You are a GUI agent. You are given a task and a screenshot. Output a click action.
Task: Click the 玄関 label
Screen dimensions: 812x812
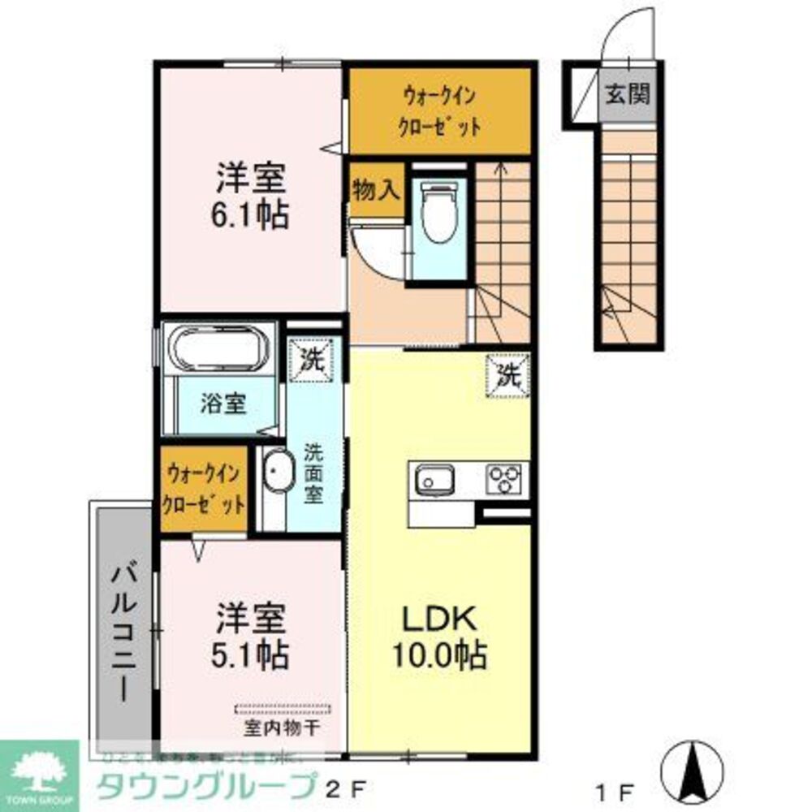626,95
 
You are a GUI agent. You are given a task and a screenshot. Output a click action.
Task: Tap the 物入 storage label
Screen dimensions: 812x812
376,191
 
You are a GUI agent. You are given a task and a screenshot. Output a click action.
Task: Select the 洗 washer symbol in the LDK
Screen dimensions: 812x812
508,376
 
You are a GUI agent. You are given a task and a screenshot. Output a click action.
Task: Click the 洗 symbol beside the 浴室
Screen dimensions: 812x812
310,358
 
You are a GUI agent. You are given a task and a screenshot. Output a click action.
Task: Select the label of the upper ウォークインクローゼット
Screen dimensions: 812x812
440,112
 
